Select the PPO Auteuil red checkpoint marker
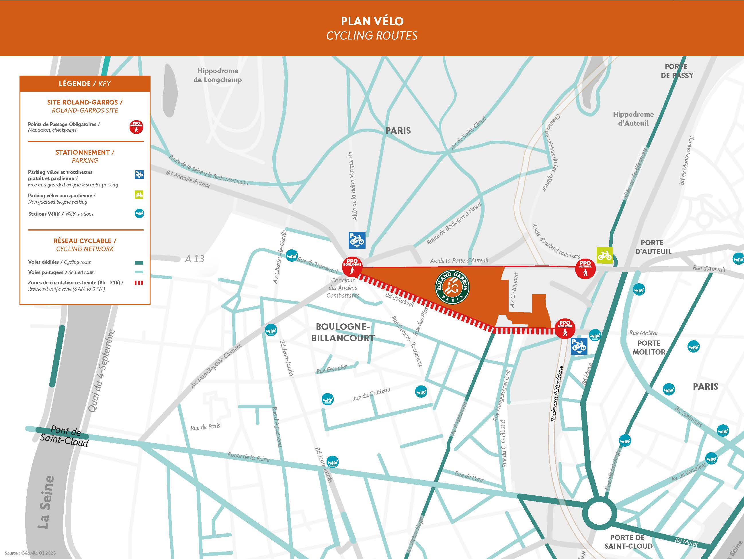585,269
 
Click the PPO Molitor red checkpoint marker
565,328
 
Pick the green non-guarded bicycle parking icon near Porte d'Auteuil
604,255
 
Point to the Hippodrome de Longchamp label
218,75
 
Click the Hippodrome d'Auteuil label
633,119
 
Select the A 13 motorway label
194,259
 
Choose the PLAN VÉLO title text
372,21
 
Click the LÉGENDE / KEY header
85,84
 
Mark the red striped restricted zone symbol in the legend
139,283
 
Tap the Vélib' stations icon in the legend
139,213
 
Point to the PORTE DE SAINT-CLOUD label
628,542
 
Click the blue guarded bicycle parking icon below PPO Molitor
579,346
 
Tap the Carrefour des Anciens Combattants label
343,288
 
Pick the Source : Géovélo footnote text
30,553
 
